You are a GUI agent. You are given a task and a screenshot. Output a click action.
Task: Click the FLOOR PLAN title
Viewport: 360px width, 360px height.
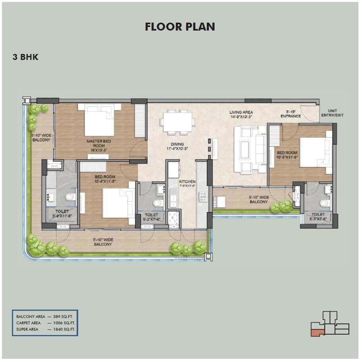click(180, 27)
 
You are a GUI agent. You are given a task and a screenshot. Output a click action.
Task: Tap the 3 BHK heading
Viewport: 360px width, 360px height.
click(25, 57)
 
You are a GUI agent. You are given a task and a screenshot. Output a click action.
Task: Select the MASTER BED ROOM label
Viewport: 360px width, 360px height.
click(99, 143)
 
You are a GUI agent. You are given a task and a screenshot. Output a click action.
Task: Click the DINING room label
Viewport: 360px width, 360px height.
click(177, 146)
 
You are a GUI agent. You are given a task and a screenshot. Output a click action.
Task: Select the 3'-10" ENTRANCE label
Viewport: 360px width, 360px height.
click(291, 114)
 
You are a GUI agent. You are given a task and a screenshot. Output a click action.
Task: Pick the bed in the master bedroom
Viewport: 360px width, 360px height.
click(99, 120)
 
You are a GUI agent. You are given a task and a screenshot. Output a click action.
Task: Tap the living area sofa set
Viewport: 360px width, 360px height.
click(250, 149)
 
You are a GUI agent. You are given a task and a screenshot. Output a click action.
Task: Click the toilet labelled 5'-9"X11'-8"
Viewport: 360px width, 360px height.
click(62, 214)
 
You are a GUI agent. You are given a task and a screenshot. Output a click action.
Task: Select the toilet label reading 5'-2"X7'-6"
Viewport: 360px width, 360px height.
click(152, 217)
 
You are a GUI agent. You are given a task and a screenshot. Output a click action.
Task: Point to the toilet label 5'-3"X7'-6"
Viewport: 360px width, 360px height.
click(319, 217)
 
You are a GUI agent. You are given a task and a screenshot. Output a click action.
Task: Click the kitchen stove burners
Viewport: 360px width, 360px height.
click(203, 196)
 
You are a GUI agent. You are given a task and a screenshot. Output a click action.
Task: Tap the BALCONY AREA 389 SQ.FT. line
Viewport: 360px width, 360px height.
click(45, 317)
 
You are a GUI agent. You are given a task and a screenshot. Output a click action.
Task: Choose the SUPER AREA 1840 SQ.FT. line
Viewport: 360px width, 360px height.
click(45, 329)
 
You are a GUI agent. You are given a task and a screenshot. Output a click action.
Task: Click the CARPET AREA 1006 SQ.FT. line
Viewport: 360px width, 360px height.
click(45, 323)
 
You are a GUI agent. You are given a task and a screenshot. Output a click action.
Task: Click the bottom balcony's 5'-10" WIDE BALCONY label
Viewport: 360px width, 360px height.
click(103, 242)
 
